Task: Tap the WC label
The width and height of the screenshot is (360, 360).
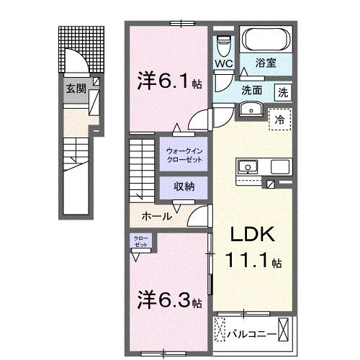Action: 224,63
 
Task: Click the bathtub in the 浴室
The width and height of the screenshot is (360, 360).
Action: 264,40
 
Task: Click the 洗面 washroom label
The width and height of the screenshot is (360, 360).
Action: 251,91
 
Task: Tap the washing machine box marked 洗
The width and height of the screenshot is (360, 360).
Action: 284,91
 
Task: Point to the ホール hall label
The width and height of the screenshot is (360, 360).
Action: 156,215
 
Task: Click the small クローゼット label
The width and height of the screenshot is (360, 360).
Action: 140,241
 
